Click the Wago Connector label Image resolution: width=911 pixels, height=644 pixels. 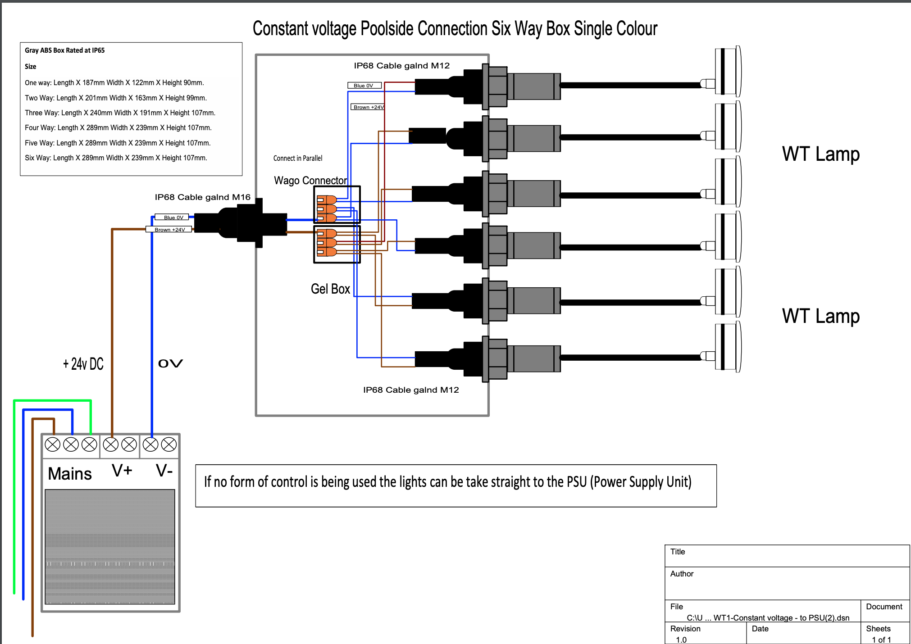[x=310, y=180]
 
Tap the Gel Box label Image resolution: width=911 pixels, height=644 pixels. [x=330, y=289]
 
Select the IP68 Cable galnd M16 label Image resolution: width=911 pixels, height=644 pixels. [x=202, y=197]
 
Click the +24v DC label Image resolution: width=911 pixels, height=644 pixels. [x=83, y=364]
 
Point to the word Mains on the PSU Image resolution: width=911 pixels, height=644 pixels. [x=70, y=474]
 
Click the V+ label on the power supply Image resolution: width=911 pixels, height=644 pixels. [x=122, y=471]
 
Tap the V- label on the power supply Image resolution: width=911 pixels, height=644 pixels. [x=164, y=471]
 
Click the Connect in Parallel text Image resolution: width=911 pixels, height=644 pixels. [x=298, y=158]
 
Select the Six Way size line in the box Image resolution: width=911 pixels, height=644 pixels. [x=116, y=158]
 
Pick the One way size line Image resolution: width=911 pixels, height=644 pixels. [x=114, y=83]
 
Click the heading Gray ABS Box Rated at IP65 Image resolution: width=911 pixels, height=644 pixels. [x=64, y=50]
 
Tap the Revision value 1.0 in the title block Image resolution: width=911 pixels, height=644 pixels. [x=681, y=639]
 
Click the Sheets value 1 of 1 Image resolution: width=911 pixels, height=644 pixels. [x=881, y=639]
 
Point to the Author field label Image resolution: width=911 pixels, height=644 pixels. [x=682, y=574]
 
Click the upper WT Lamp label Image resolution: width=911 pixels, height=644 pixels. [x=820, y=154]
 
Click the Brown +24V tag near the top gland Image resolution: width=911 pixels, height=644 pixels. [x=368, y=107]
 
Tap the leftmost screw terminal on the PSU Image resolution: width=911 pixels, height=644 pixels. [x=53, y=444]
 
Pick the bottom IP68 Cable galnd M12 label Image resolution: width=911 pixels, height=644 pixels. [x=411, y=390]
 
